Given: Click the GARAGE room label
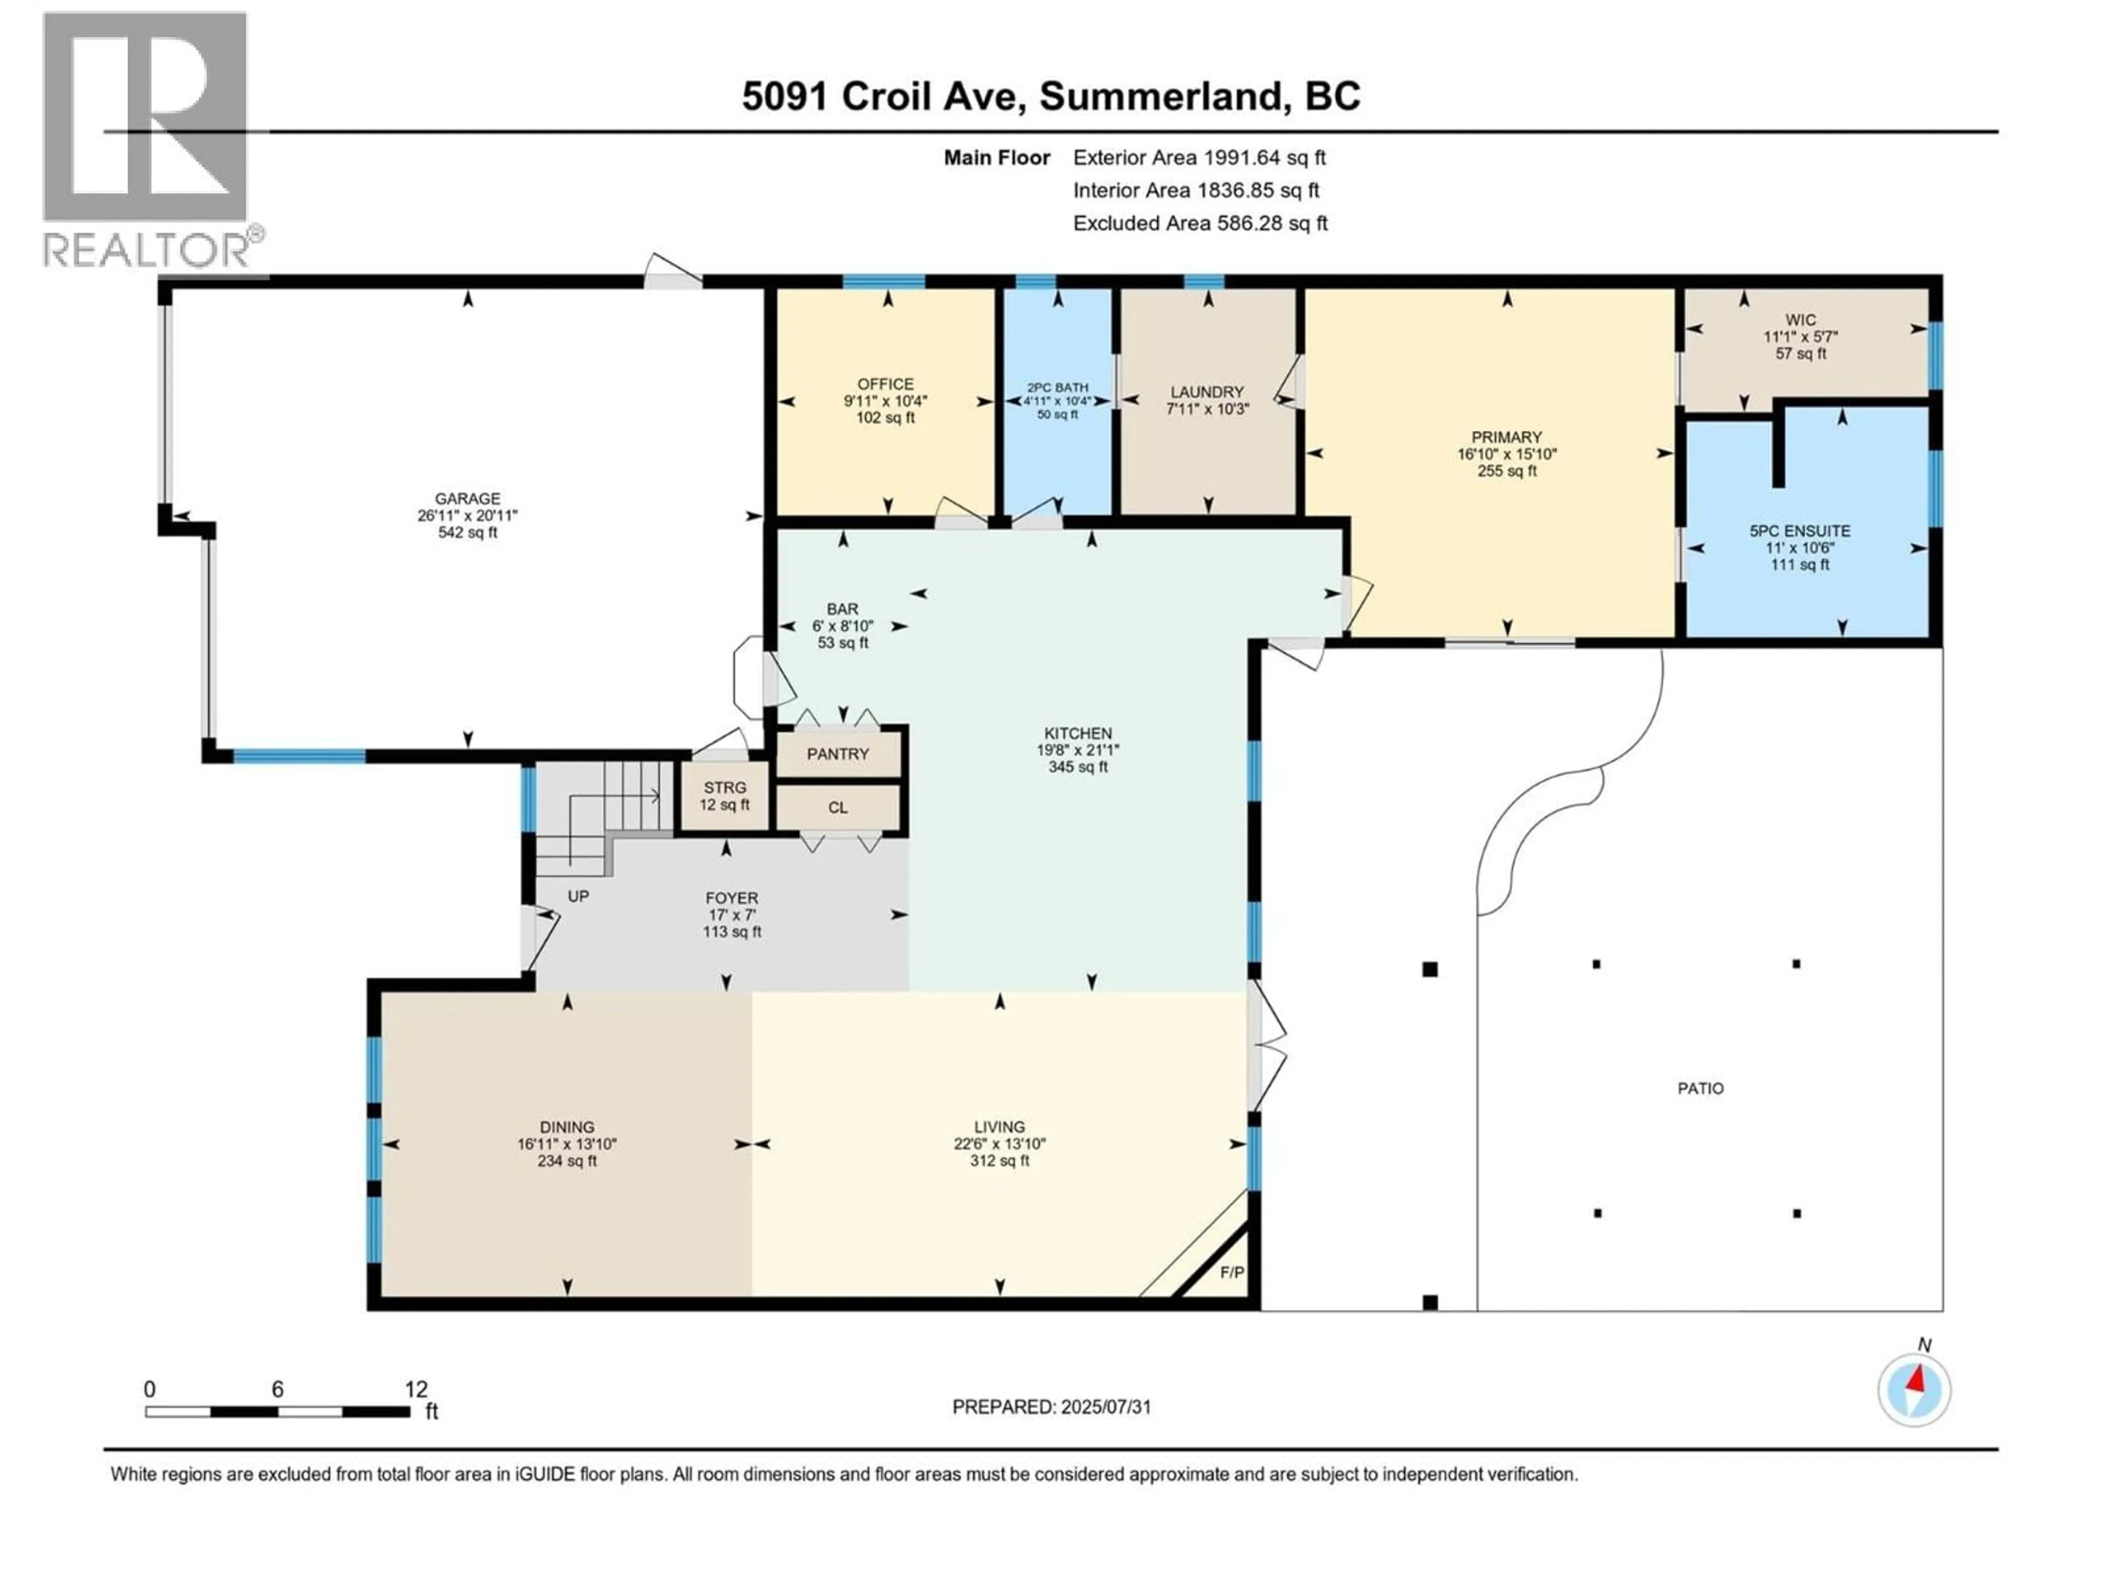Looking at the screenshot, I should click(467, 498).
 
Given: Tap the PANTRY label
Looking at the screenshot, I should click(837, 754).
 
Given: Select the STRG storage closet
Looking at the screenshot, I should click(725, 796).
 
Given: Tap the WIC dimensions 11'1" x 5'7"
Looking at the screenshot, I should click(1800, 337).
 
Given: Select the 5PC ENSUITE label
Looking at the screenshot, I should click(1800, 531).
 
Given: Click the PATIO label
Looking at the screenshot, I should click(1700, 1089).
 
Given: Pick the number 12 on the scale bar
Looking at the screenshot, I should click(416, 1389).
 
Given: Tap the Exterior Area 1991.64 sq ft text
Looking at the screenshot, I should click(1199, 158).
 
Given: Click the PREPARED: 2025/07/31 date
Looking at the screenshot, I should click(1051, 1407).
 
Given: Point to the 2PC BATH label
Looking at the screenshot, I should click(1057, 388).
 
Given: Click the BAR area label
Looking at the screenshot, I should click(842, 608).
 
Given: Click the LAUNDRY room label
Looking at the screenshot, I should click(1206, 392).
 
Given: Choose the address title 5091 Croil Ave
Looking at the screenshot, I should click(882, 96).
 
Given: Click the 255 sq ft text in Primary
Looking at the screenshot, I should click(1507, 470).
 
